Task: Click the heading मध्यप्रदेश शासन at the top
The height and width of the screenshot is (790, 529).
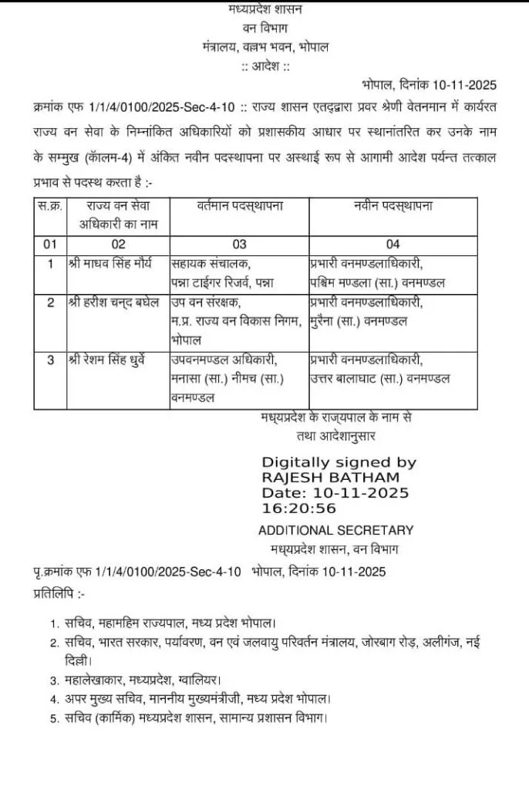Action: (265, 10)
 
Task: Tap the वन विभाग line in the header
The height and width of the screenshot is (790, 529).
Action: (265, 29)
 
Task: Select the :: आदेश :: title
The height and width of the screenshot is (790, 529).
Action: (265, 66)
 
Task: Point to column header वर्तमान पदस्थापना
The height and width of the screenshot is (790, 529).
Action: (240, 206)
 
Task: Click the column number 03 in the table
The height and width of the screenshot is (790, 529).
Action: (240, 245)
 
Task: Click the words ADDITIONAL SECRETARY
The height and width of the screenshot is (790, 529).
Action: (335, 530)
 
